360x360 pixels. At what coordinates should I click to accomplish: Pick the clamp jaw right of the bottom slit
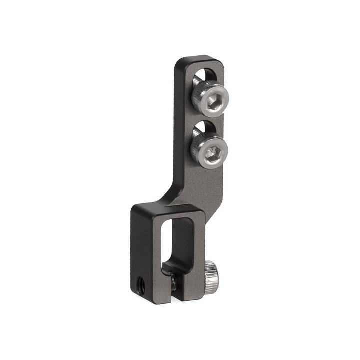[x=190, y=285]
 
